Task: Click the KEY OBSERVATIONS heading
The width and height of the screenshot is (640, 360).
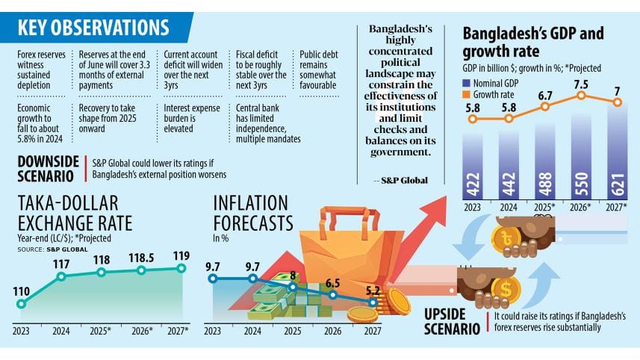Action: coord(93,28)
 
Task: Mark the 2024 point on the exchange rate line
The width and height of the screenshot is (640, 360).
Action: coord(61,276)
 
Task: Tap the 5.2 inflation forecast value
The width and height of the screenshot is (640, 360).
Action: coord(371,289)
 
